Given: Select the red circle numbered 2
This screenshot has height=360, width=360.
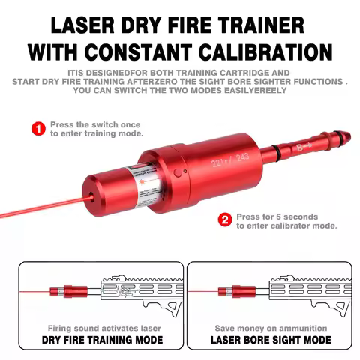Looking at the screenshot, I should (223, 220).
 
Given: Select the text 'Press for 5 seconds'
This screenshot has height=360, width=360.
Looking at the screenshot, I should (276, 216).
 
